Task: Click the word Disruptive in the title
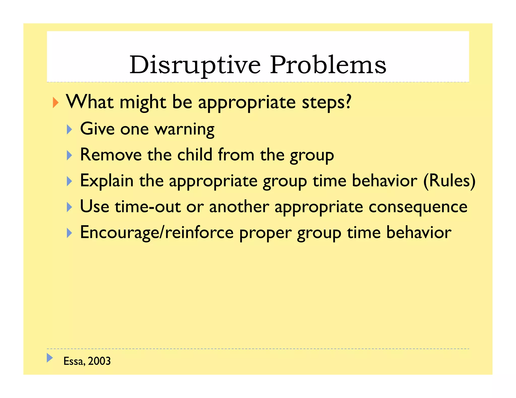[195, 65]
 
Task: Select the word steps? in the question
[326, 102]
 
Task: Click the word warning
[184, 129]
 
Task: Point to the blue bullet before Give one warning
[69, 129]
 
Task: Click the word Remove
[111, 155]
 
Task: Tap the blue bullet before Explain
[69, 181]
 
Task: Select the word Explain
[107, 181]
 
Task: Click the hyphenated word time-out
[148, 207]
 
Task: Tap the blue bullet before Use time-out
[69, 207]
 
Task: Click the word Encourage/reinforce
[157, 233]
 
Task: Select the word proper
[265, 233]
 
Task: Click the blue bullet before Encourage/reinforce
[69, 233]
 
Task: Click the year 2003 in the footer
[99, 361]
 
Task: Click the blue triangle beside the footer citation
[50, 358]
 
